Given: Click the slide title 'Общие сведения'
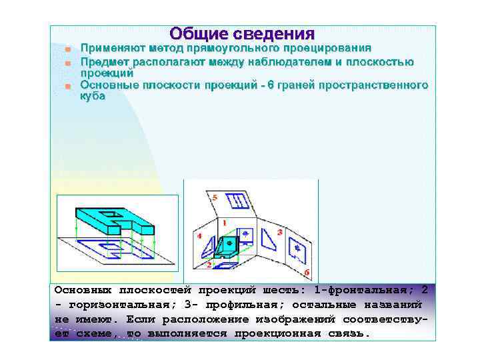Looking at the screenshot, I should pyautogui.click(x=241, y=33).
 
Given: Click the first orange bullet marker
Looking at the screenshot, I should pyautogui.click(x=67, y=49).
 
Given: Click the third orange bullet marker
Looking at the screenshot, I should pyautogui.click(x=67, y=87).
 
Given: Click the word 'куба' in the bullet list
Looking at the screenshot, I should pyautogui.click(x=93, y=96).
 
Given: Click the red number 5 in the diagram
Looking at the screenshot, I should pyautogui.click(x=214, y=197).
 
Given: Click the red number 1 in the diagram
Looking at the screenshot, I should pyautogui.click(x=224, y=222).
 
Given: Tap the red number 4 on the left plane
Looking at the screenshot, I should pyautogui.click(x=200, y=236).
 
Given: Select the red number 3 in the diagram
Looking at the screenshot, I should pyautogui.click(x=279, y=231).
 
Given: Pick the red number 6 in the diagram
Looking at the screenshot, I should pyautogui.click(x=306, y=272).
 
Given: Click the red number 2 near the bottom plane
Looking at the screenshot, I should pyautogui.click(x=209, y=265).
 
